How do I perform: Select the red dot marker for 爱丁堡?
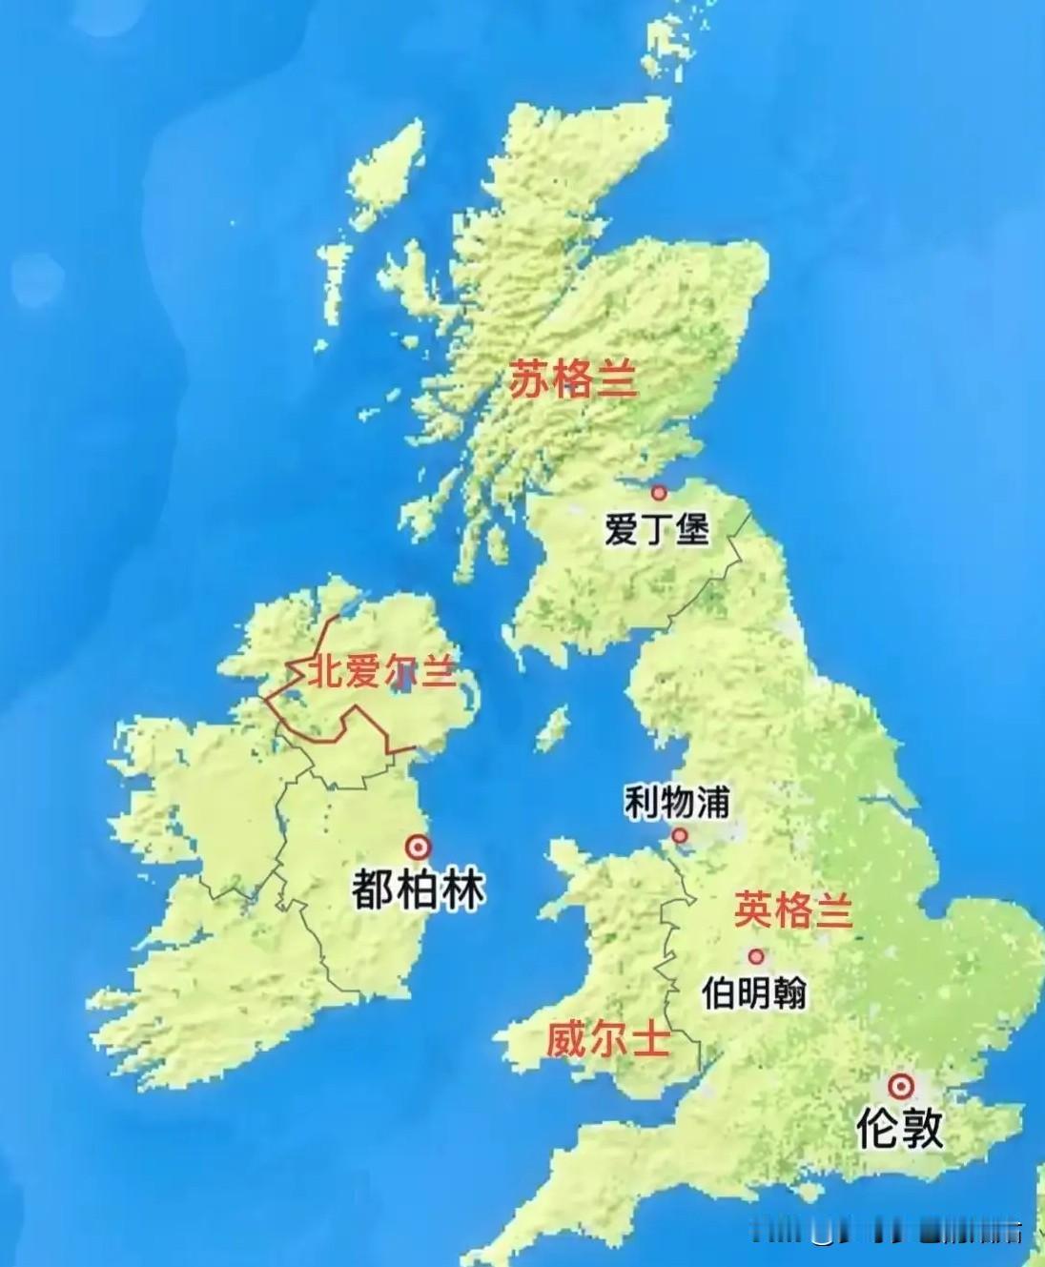click(x=658, y=493)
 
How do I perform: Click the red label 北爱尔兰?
click(x=379, y=673)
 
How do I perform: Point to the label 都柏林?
click(x=418, y=889)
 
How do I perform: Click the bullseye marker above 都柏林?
click(x=417, y=847)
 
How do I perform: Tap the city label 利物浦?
click(x=676, y=803)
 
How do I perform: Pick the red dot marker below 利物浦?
click(x=680, y=836)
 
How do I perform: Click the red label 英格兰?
click(x=791, y=910)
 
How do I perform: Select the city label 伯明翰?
click(x=753, y=993)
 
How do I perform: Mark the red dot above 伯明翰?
click(x=756, y=956)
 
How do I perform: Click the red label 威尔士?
click(x=607, y=1039)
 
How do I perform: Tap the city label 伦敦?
click(x=899, y=1128)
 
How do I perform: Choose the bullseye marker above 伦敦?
click(x=899, y=1086)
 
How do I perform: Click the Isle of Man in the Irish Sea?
click(x=551, y=729)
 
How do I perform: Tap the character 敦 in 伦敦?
click(x=921, y=1128)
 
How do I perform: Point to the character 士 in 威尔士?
click(x=649, y=1039)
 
